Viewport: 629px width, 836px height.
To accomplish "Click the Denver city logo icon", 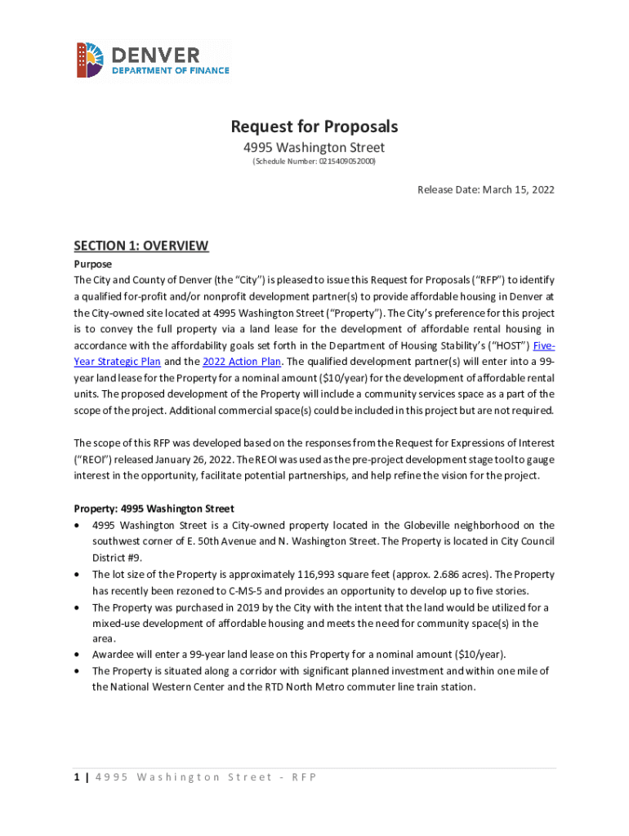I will [x=91, y=60].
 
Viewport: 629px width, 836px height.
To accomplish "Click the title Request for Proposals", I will [x=314, y=127].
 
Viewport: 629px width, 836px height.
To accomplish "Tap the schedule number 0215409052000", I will [x=349, y=162].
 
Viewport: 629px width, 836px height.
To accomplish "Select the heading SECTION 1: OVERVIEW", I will [x=141, y=246].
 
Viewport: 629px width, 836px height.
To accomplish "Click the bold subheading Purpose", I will [x=92, y=265].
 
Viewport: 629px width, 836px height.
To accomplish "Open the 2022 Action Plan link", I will [x=235, y=362].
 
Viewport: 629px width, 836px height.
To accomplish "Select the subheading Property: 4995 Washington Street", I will [x=154, y=509].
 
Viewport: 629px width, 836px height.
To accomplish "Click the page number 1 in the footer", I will [x=77, y=776].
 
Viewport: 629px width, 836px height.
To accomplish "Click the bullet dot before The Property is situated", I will [x=77, y=671].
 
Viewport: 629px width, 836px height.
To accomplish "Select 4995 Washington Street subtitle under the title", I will [x=314, y=148].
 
